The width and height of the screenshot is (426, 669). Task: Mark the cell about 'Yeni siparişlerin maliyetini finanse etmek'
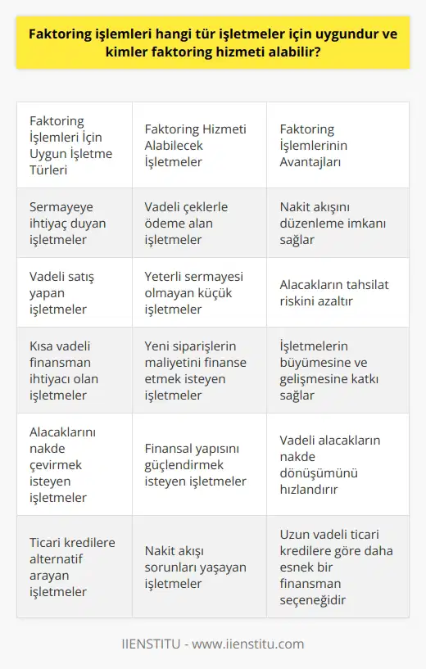(x=199, y=370)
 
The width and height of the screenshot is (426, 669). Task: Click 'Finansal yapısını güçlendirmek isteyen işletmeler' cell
(x=199, y=465)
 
